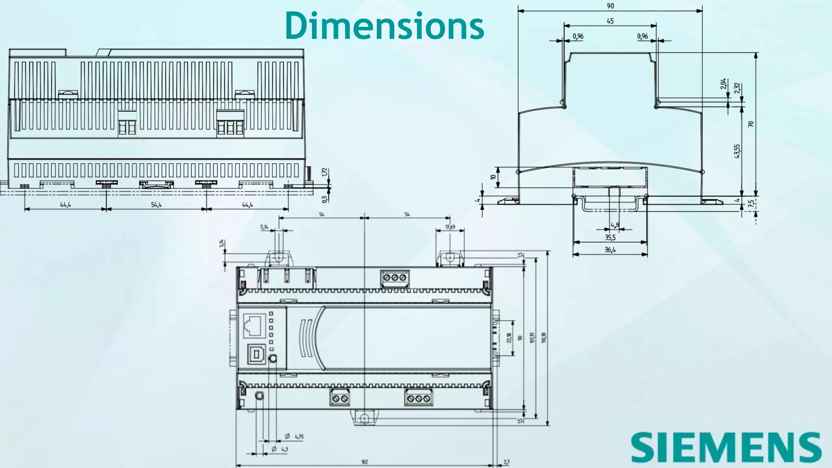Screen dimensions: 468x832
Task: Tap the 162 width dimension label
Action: click(364, 462)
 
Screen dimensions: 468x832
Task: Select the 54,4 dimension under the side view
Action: click(156, 205)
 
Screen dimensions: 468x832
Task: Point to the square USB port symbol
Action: click(257, 355)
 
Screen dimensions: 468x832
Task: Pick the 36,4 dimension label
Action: click(610, 250)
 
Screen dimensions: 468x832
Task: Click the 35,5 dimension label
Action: click(610, 238)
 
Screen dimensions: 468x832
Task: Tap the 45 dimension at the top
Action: click(610, 21)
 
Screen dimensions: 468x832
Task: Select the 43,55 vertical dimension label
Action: click(738, 151)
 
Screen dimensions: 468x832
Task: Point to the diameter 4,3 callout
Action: click(280, 449)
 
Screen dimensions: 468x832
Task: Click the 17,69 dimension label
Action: click(450, 227)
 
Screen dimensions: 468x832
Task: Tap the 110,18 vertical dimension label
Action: click(544, 338)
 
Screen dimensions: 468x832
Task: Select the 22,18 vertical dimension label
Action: click(509, 338)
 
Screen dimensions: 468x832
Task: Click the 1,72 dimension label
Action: click(324, 172)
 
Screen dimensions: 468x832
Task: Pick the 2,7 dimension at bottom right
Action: click(506, 462)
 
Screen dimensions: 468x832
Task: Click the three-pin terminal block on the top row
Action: click(394, 277)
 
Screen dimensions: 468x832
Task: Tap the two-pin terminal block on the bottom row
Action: click(340, 398)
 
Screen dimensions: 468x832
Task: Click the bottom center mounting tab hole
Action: click(364, 418)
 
